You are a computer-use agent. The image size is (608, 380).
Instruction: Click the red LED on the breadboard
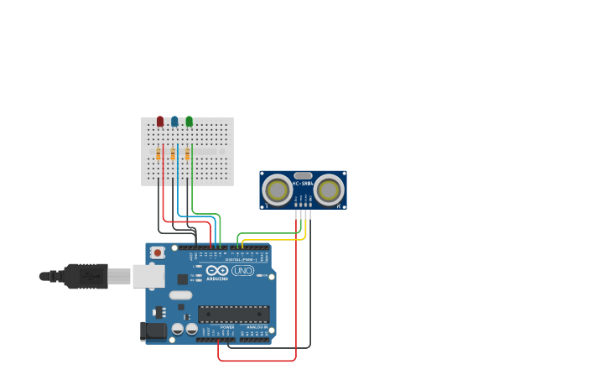(160, 122)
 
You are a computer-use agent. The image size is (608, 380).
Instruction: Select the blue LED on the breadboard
(174, 122)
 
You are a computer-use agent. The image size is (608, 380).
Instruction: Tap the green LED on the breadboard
(190, 122)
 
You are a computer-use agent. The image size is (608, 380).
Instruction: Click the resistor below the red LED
(158, 154)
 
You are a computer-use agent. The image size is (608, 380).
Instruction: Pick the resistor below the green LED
(187, 154)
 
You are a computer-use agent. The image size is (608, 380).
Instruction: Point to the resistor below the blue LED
(173, 154)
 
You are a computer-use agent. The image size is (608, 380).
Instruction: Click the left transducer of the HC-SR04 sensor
(277, 190)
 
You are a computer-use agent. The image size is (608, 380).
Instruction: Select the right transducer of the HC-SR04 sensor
(329, 190)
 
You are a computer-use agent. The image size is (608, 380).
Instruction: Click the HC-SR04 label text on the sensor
(302, 184)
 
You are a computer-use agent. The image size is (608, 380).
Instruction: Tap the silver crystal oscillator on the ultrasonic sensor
(303, 175)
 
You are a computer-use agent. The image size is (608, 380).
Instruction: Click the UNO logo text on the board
(242, 271)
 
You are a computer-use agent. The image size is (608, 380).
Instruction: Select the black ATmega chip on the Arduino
(233, 314)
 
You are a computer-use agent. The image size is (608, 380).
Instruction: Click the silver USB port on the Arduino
(148, 276)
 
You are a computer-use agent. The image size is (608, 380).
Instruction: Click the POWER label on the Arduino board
(227, 327)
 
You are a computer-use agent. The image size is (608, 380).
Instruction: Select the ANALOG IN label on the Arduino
(257, 327)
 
